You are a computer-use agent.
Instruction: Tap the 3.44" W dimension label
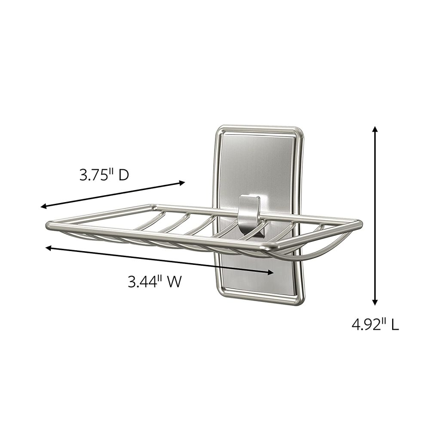pyautogui.click(x=154, y=282)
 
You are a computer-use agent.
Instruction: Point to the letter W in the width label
pyautogui.click(x=173, y=282)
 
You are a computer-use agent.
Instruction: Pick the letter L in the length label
pyautogui.click(x=394, y=324)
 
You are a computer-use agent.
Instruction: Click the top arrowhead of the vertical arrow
pyautogui.click(x=375, y=129)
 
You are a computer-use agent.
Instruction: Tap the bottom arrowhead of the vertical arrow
pyautogui.click(x=375, y=302)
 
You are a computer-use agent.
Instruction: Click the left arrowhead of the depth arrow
pyautogui.click(x=43, y=207)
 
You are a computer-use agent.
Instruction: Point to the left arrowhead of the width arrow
pyautogui.click(x=48, y=248)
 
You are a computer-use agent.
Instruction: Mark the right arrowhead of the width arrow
pyautogui.click(x=271, y=272)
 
